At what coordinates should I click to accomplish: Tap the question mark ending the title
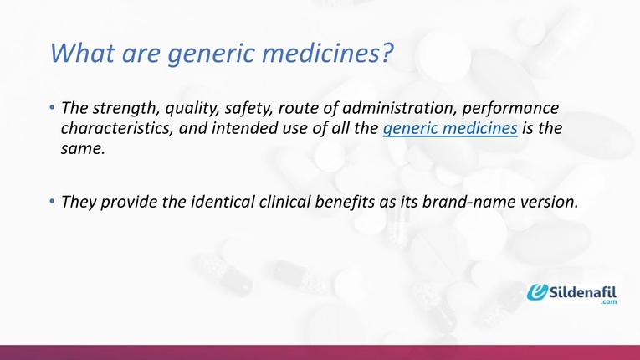386,54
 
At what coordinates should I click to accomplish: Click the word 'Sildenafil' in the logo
586,292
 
